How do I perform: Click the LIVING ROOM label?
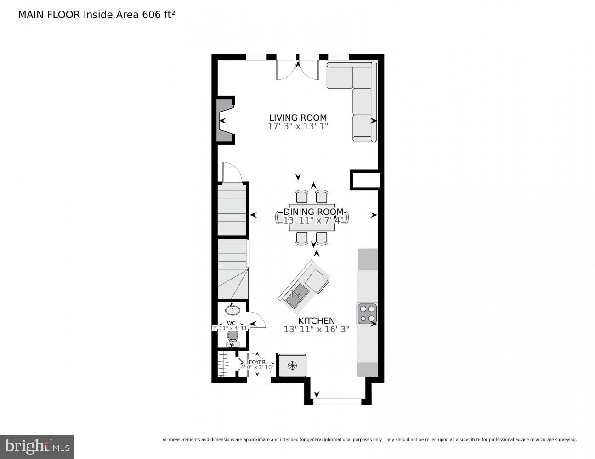(x=298, y=118)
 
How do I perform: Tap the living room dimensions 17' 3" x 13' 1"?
(x=298, y=126)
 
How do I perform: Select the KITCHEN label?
(x=317, y=321)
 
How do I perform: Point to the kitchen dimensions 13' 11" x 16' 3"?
(x=317, y=329)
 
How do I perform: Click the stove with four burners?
(x=367, y=314)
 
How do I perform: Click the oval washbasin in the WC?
(x=232, y=310)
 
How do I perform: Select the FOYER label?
(x=257, y=362)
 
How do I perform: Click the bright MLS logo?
(x=37, y=447)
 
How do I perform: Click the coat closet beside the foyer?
(x=225, y=364)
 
